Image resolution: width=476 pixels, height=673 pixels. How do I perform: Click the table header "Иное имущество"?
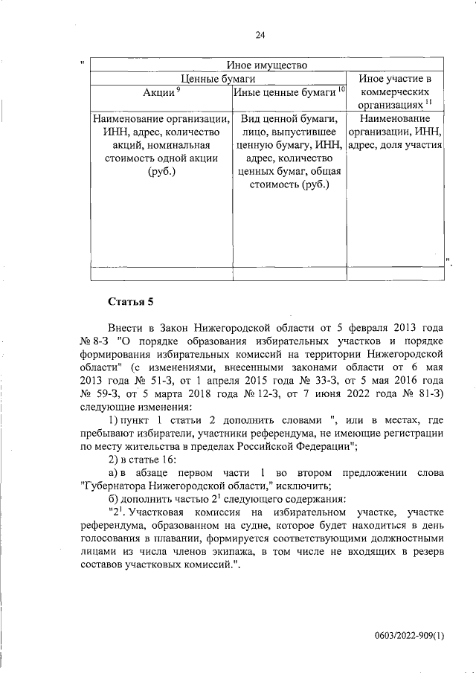pyautogui.click(x=268, y=65)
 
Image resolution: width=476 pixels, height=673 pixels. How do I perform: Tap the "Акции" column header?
pyautogui.click(x=158, y=92)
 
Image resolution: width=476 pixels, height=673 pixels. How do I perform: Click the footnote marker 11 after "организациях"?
pyautogui.click(x=430, y=103)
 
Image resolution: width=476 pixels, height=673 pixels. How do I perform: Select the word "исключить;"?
pyautogui.click(x=304, y=486)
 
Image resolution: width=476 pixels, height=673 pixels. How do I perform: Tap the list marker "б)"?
pyautogui.click(x=114, y=500)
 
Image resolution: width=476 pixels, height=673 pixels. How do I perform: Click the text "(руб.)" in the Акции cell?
pyautogui.click(x=158, y=173)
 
